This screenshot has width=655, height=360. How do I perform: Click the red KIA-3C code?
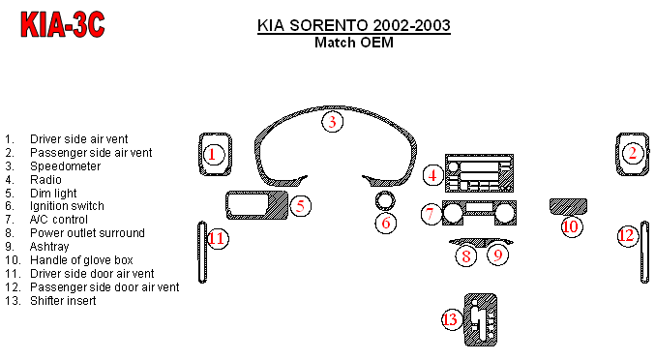click(x=63, y=24)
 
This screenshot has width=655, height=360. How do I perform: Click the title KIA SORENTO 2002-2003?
click(x=354, y=25)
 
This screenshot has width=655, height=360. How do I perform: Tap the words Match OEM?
click(x=354, y=43)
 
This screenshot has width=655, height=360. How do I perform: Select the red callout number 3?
click(x=332, y=122)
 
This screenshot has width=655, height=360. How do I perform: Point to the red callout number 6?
click(x=386, y=223)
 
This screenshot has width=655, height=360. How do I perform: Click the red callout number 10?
click(x=571, y=226)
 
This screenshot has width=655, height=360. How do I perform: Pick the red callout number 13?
click(x=451, y=319)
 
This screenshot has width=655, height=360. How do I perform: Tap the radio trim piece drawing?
click(x=479, y=173)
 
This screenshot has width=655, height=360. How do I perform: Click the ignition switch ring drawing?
click(x=385, y=193)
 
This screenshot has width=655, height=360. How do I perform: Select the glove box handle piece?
click(x=568, y=206)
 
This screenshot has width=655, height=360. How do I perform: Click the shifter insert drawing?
click(x=481, y=320)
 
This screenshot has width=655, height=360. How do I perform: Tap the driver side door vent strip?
click(x=202, y=253)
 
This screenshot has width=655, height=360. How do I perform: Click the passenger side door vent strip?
click(x=644, y=253)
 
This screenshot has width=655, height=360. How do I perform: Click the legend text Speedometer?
click(x=65, y=166)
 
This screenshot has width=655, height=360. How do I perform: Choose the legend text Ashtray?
click(x=49, y=247)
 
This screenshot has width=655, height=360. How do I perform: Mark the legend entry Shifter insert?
click(x=63, y=301)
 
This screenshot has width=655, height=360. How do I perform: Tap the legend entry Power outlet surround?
click(x=87, y=233)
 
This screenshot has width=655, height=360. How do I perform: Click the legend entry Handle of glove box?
click(x=81, y=260)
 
